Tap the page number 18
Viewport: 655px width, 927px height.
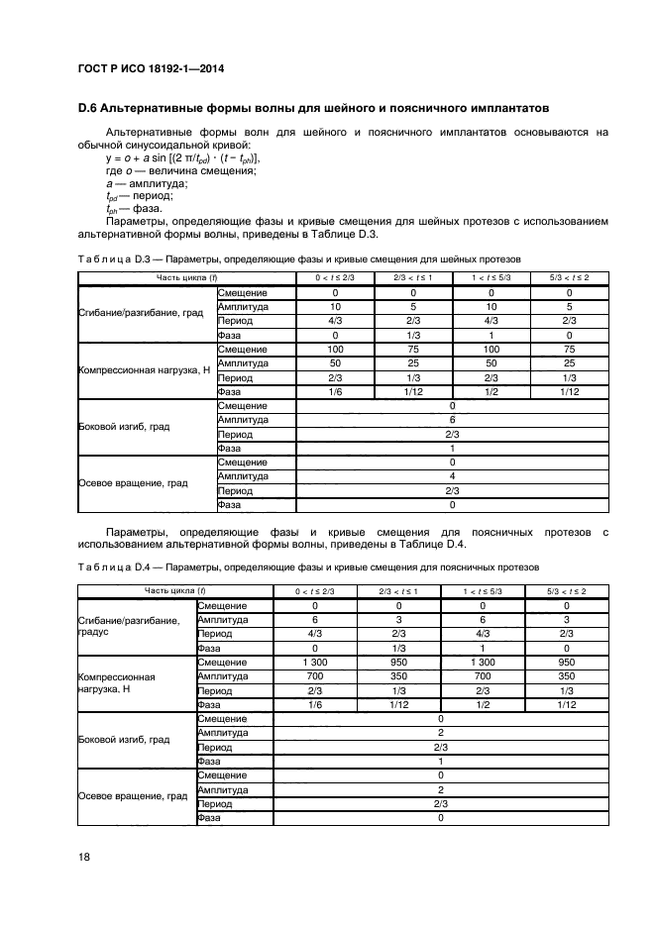84,857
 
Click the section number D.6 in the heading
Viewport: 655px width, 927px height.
90,107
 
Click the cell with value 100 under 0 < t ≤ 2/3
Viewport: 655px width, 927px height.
335,350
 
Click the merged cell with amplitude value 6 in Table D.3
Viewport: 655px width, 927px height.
452,420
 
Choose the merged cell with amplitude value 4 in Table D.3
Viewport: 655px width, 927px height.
452,476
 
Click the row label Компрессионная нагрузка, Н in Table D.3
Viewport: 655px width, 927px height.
144,370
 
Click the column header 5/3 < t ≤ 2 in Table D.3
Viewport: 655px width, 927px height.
569,277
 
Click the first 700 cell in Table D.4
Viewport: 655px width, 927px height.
315,675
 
